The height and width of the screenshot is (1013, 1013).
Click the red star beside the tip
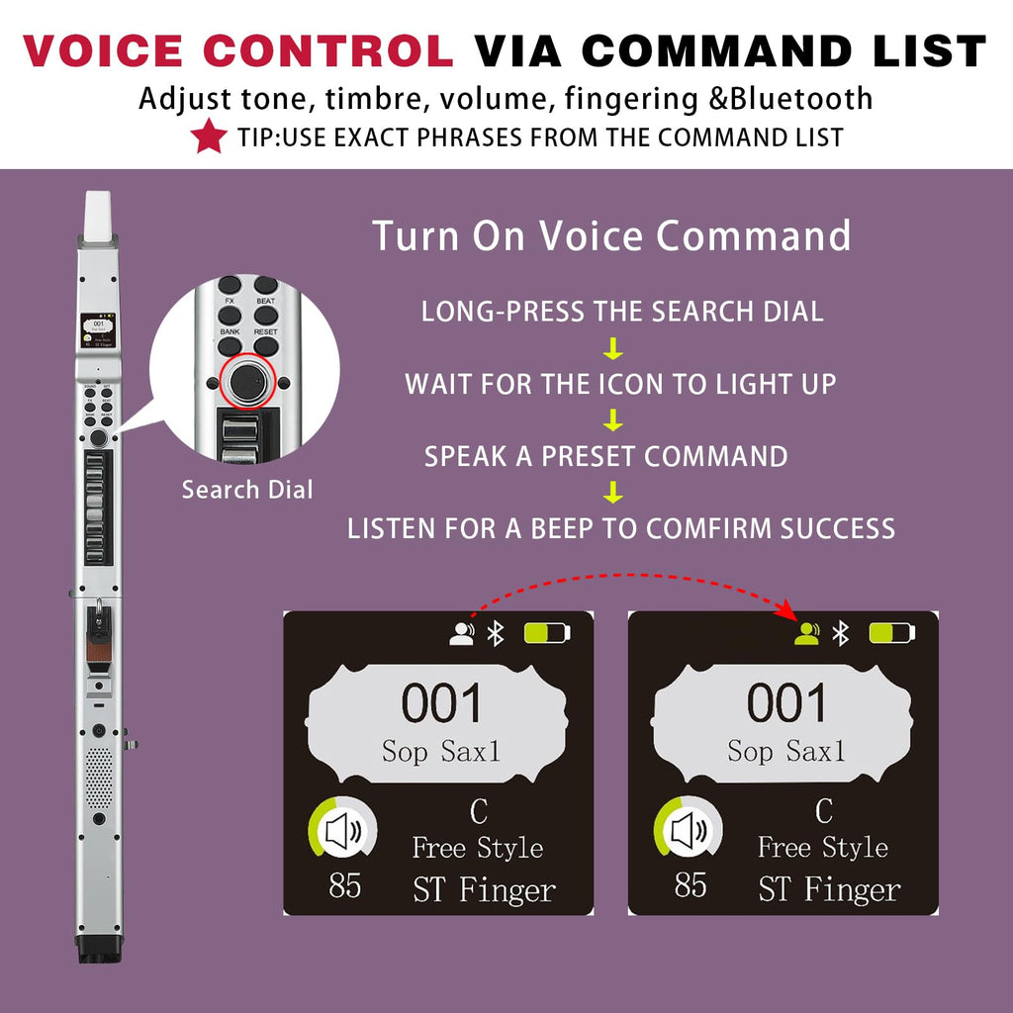coord(209,137)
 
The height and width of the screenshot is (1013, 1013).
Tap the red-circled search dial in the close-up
coord(247,382)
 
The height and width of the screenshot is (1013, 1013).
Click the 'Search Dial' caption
coord(247,490)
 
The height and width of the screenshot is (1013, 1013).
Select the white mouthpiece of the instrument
coord(99,215)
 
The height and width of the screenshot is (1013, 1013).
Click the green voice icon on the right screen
coord(806,633)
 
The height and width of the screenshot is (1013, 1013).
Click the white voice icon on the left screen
coord(461,633)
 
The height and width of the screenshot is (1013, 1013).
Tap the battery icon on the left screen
coord(547,633)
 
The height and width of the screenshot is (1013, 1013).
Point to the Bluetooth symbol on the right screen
coord(840,633)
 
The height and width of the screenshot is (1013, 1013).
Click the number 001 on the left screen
coord(442,703)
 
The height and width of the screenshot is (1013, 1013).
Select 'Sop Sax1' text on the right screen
coord(786,752)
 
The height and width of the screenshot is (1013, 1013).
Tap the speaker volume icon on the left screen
coord(343,831)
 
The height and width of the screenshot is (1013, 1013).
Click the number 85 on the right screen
coord(690,884)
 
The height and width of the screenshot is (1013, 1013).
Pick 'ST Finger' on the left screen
coord(484,890)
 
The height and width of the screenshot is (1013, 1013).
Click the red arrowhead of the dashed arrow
coord(785,608)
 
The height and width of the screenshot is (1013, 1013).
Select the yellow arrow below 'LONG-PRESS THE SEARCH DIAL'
coord(613,348)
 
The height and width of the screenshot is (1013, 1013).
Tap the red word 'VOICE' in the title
coord(103,51)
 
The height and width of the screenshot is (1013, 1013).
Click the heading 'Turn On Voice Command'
coord(611,235)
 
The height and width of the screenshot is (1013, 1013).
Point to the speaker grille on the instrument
coord(99,779)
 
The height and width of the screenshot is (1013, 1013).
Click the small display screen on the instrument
coord(98,330)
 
